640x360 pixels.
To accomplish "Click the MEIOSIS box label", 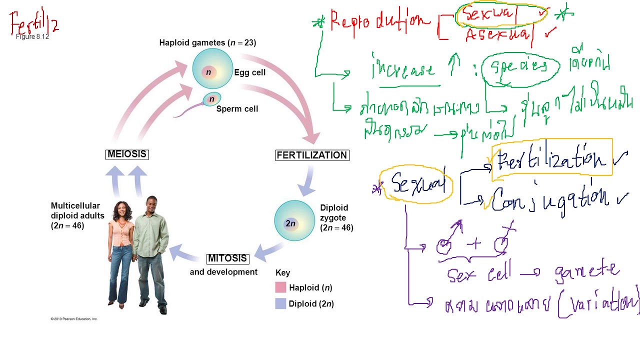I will (127, 154).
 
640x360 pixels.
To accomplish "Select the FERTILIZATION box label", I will (312, 155).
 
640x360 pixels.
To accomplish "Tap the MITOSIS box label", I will (227, 258).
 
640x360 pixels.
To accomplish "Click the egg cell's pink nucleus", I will (208, 72).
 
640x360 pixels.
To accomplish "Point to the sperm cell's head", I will (211, 99).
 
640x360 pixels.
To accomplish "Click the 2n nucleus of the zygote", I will (291, 223).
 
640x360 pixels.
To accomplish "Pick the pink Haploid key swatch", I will (280, 287).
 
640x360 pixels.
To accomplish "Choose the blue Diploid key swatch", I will (280, 303).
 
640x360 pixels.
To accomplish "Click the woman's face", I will (121, 210).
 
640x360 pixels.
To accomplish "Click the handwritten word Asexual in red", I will (497, 35).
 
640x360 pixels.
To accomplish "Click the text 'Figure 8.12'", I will (32, 37).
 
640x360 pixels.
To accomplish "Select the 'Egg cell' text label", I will (249, 72).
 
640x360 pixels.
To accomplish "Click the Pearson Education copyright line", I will (74, 318).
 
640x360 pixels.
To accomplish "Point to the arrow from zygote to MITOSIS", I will (270, 250).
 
